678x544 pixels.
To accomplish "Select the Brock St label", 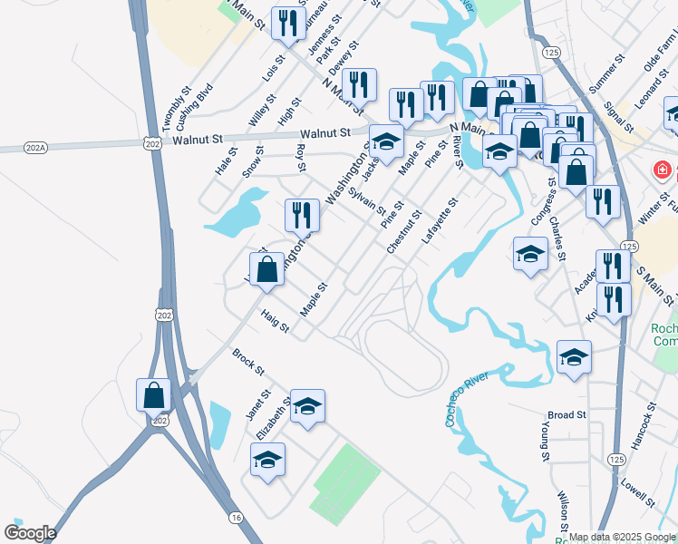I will [x=247, y=362].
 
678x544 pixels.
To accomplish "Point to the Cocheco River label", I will [x=466, y=399].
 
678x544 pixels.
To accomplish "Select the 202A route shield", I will [x=13, y=145].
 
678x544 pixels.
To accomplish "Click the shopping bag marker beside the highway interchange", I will [x=153, y=395].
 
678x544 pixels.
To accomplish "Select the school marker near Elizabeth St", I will [x=307, y=406].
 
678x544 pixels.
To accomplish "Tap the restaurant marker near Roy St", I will [x=302, y=215].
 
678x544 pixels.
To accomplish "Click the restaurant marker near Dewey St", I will [x=359, y=85].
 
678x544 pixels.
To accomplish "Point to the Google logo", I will [x=29, y=533].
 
